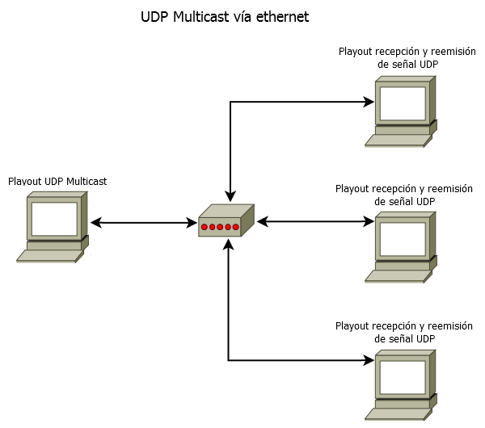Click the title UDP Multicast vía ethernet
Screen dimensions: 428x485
225,16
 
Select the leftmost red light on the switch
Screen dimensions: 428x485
205,227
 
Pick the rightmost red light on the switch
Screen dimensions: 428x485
235,227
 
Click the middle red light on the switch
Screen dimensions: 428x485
220,227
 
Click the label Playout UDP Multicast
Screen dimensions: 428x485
57,182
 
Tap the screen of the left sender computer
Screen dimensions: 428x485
54,217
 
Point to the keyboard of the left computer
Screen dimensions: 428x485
49,255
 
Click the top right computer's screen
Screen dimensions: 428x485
403,103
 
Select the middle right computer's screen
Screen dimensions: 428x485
403,237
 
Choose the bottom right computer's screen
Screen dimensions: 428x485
403,376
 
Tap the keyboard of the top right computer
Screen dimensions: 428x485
396,141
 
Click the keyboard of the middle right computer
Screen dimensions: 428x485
396,275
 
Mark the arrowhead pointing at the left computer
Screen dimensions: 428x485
95,222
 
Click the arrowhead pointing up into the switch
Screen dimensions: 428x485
230,243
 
